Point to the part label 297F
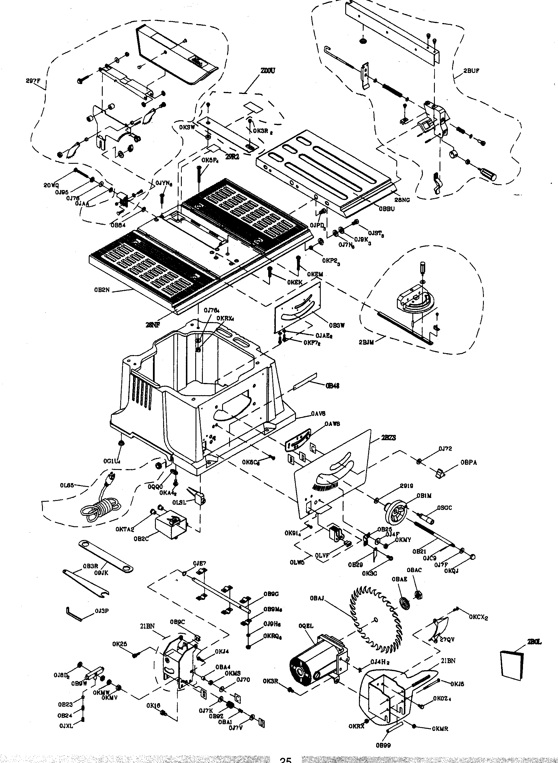pyautogui.click(x=33, y=81)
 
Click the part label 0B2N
pyautogui.click(x=102, y=290)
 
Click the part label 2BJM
pyautogui.click(x=366, y=342)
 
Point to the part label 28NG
pyautogui.click(x=402, y=200)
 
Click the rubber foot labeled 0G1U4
pyautogui.click(x=121, y=443)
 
